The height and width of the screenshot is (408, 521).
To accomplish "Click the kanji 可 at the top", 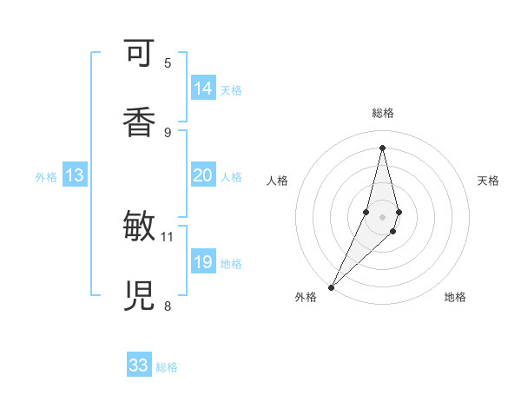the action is pos(140,55).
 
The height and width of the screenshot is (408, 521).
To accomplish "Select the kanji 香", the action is pos(140,120).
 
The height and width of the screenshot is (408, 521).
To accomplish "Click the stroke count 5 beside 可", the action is pos(168,63).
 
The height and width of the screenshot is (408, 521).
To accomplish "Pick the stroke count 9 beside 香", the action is pos(168,132).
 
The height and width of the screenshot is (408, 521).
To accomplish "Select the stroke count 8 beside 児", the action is pos(168,305).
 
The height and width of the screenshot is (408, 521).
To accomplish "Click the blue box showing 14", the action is pos(203,89).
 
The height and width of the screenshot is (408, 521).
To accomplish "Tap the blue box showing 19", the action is pos(203,262).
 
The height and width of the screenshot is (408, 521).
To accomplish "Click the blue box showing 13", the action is pos(75,176).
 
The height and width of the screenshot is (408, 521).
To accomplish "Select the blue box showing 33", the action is pos(139,365).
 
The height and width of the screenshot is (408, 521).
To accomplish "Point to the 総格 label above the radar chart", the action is pos(382,113).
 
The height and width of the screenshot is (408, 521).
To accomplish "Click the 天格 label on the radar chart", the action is pos(489,181).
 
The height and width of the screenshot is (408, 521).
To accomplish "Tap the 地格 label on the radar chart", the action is pos(455,298).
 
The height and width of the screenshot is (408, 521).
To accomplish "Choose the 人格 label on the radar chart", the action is pos(278,181).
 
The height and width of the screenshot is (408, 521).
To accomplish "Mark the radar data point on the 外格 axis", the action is pos(331,286).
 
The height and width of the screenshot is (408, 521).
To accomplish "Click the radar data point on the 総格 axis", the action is pos(382,147).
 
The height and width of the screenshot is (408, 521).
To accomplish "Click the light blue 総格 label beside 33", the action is pos(167,367).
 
